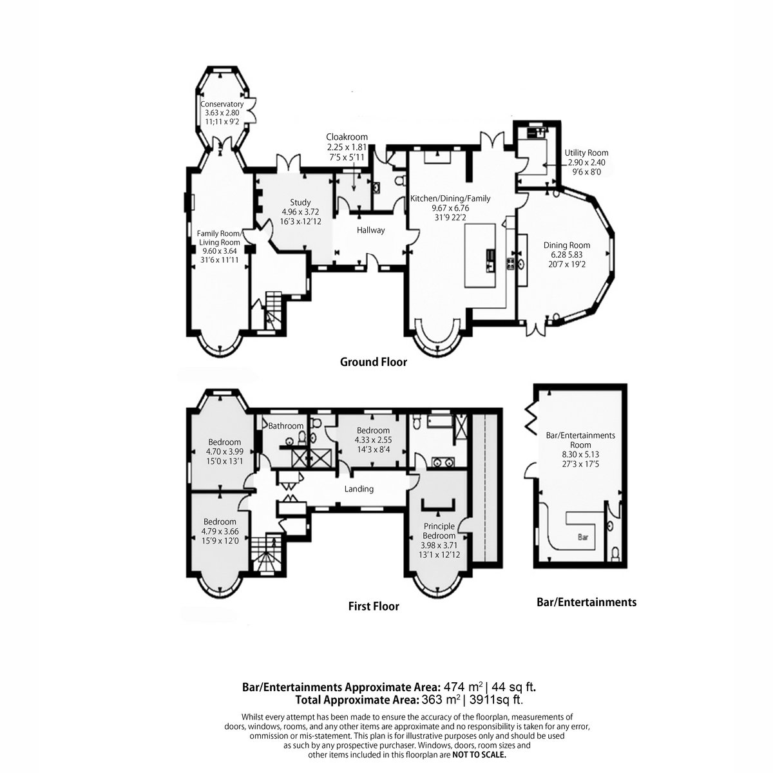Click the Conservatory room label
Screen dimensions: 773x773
tap(222, 104)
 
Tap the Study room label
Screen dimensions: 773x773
tap(300, 202)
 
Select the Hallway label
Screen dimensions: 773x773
tap(370, 230)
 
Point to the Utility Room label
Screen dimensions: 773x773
tap(586, 153)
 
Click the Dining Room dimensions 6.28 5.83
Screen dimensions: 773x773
tap(566, 254)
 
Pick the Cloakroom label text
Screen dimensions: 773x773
tap(347, 137)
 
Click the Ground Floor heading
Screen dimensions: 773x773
tap(374, 362)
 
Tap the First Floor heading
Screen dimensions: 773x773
tap(374, 606)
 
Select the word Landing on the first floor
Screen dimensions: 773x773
tap(359, 489)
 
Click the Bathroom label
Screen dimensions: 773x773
tap(285, 426)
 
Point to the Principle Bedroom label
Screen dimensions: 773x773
tap(439, 531)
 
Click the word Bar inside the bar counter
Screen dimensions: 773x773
tap(583, 537)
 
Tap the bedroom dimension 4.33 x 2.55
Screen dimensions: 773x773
tap(373, 440)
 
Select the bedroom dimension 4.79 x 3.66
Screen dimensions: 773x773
tap(220, 531)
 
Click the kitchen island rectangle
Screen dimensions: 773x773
tap(480, 256)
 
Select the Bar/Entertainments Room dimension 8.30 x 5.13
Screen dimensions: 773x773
tap(580, 455)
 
